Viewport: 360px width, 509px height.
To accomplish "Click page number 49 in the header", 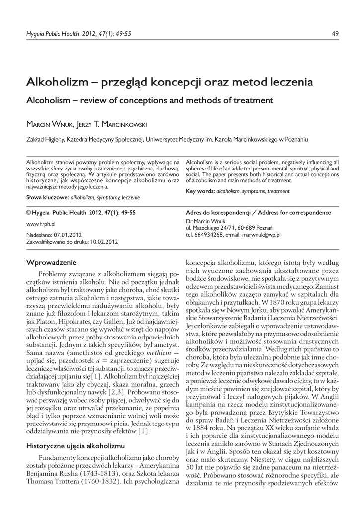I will [335, 34].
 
